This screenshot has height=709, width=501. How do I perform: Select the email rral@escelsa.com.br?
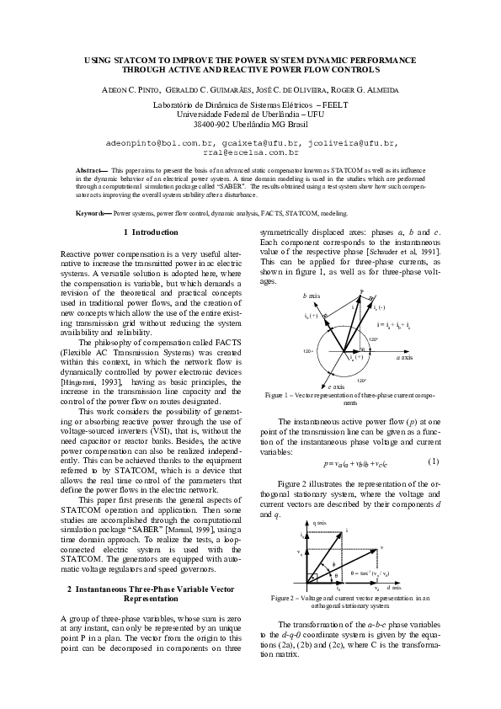click(x=251, y=153)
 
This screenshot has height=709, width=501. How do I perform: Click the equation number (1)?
click(x=433, y=462)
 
